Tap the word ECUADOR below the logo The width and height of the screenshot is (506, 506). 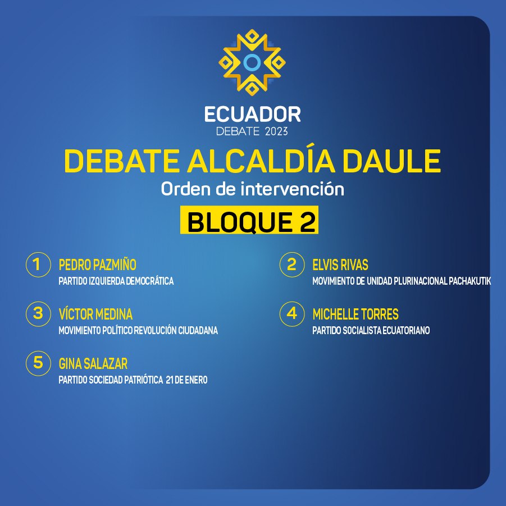pyautogui.click(x=252, y=115)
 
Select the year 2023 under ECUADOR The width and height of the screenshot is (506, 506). pyautogui.click(x=276, y=131)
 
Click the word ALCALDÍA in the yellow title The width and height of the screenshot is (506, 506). pyautogui.click(x=261, y=161)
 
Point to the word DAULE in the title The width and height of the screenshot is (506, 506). pyautogui.click(x=391, y=161)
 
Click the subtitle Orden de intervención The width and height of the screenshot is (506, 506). pyautogui.click(x=252, y=189)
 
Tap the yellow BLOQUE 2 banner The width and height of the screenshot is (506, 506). pyautogui.click(x=249, y=220)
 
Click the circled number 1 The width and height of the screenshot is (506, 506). pyautogui.click(x=38, y=265)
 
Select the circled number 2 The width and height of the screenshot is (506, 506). pyautogui.click(x=292, y=265)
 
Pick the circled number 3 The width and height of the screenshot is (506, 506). pyautogui.click(x=38, y=314)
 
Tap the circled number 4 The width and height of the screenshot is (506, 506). pyautogui.click(x=292, y=314)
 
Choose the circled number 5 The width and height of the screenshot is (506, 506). pyautogui.click(x=38, y=363)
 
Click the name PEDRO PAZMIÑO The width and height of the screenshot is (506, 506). pyautogui.click(x=98, y=265)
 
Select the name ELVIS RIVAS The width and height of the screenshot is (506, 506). pyautogui.click(x=340, y=265)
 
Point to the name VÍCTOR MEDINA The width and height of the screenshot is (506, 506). pyautogui.click(x=95, y=314)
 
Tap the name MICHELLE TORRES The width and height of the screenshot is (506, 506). pyautogui.click(x=355, y=314)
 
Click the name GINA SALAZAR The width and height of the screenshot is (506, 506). pyautogui.click(x=93, y=364)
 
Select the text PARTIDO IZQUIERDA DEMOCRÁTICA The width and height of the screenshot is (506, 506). pyautogui.click(x=116, y=281)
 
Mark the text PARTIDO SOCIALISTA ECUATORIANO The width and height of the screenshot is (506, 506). pyautogui.click(x=371, y=330)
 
